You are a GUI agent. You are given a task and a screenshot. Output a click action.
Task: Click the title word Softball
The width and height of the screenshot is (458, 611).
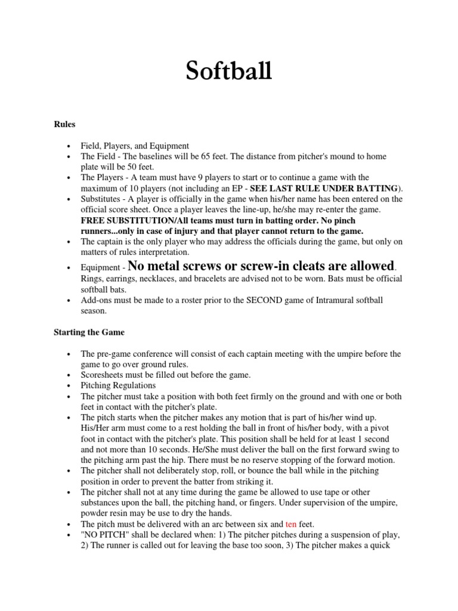229,72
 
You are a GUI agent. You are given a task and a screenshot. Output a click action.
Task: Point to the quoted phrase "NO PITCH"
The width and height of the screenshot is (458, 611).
104,534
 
